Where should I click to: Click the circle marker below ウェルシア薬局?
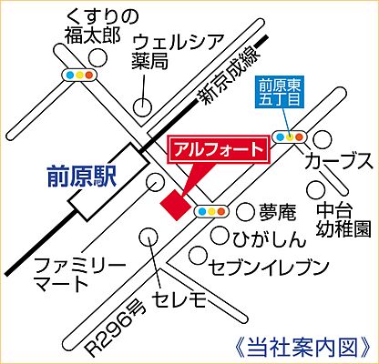[143, 106]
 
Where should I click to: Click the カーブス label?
[339, 162]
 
